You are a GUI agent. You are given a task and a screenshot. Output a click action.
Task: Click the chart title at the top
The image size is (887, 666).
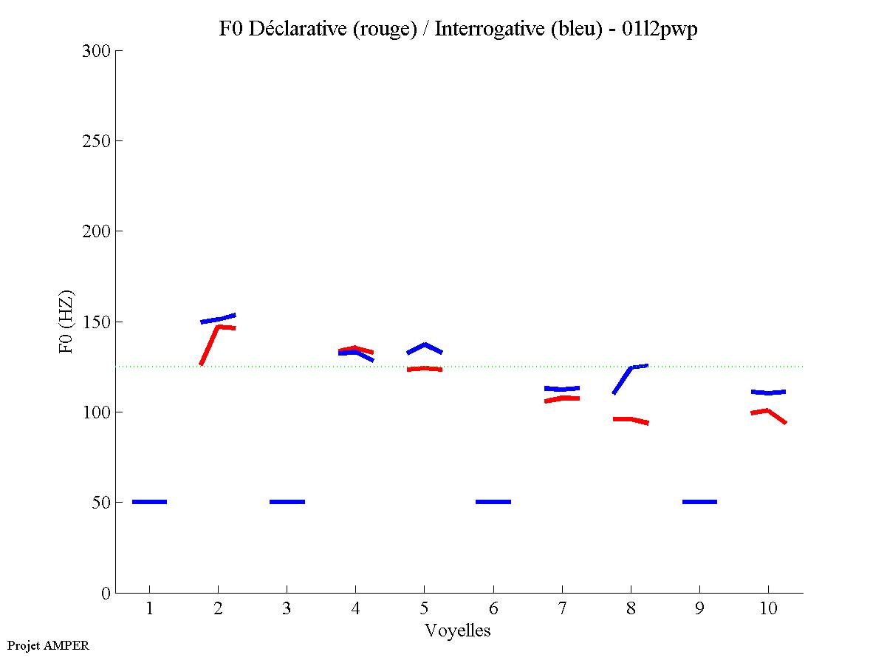tap(458, 30)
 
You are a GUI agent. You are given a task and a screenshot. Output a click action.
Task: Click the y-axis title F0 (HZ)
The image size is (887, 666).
tap(66, 321)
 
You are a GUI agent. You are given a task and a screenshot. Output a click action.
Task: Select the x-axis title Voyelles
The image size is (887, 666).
tap(457, 631)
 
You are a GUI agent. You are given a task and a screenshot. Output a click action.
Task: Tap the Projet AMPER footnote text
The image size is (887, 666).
tap(48, 645)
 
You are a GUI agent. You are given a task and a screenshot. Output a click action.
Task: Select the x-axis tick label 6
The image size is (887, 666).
tap(493, 608)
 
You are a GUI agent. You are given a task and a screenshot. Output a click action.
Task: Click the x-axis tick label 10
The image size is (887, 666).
tap(768, 608)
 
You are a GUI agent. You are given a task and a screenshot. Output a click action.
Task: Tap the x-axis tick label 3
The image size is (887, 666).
tap(287, 608)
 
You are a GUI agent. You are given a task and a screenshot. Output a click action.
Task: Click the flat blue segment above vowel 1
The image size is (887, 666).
tap(149, 502)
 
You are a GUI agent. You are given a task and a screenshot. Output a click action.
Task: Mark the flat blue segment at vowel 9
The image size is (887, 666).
tap(699, 502)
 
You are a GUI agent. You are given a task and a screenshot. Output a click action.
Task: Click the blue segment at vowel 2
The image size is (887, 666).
tap(219, 319)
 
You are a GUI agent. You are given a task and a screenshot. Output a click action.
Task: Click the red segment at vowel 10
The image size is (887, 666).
tap(768, 411)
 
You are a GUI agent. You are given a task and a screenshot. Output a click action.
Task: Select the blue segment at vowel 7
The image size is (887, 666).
tap(562, 388)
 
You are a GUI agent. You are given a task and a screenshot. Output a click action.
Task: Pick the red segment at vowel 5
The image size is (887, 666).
tap(425, 368)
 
